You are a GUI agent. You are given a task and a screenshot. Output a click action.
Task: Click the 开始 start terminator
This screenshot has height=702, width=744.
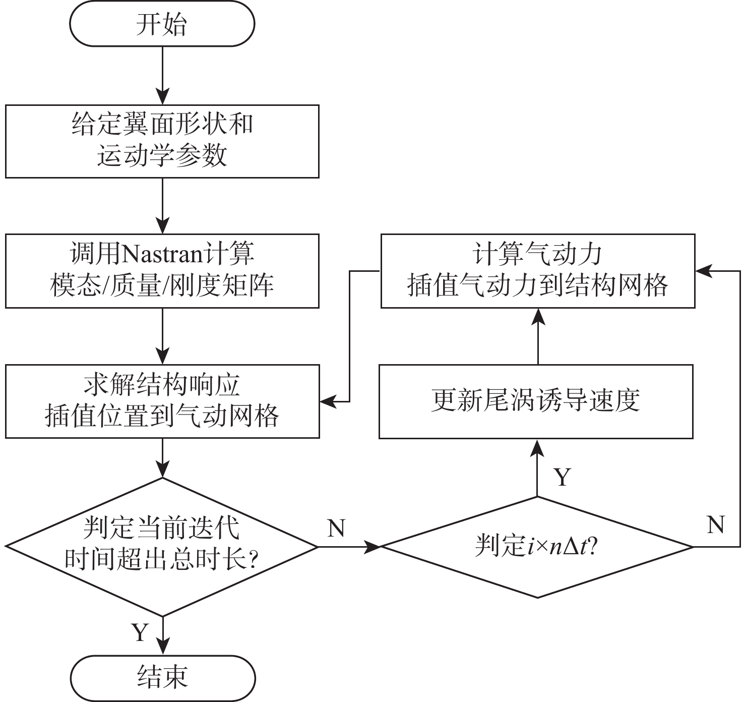tap(162, 24)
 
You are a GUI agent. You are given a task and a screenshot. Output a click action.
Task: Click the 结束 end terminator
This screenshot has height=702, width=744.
tap(162, 677)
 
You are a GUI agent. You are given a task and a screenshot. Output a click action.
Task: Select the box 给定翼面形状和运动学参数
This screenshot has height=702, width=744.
tap(162, 141)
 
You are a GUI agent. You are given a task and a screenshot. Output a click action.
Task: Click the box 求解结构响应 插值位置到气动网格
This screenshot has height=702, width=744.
tap(162, 401)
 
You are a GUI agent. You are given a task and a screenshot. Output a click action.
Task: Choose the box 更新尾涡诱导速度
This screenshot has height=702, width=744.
tap(536, 401)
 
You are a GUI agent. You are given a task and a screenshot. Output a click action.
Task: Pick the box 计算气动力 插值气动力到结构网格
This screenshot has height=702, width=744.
tap(537, 270)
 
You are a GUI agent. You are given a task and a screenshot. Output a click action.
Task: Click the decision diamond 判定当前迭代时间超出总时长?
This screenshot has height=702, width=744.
tap(162, 546)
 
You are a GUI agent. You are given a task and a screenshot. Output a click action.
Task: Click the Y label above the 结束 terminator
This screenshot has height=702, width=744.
tap(140, 632)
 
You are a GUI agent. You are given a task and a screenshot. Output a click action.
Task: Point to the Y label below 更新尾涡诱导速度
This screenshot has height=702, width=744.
tap(563, 477)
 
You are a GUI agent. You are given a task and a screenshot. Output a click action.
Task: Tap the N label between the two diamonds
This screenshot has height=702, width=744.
tap(336, 528)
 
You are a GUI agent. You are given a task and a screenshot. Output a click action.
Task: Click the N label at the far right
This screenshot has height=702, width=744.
tap(716, 525)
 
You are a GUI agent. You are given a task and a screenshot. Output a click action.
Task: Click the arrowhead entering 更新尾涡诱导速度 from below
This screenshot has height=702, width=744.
tap(537, 448)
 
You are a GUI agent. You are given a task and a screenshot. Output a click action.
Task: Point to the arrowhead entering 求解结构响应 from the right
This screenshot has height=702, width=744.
tap(328, 402)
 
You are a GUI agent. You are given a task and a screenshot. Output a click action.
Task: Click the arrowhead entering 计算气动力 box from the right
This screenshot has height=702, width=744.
tap(704, 271)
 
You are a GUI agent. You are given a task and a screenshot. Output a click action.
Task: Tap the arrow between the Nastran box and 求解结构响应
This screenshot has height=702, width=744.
tap(162, 335)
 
